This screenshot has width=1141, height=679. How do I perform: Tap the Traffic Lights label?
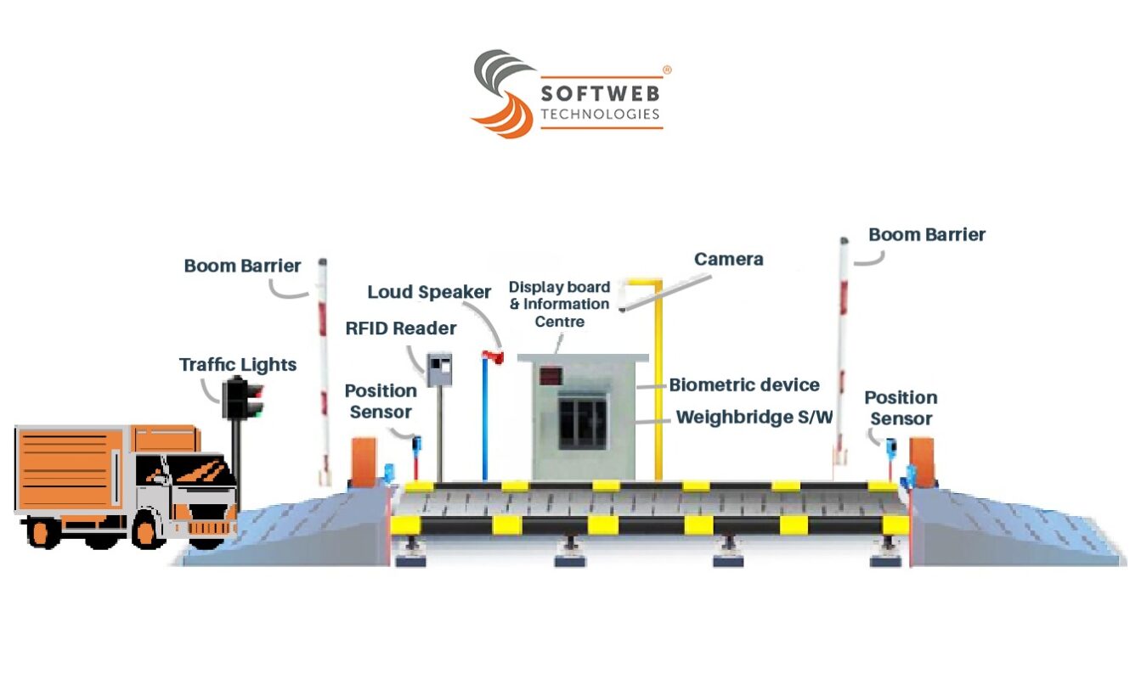point(238,365)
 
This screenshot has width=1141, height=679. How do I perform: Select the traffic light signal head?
point(242,399)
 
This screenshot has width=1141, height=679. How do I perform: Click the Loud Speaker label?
point(429,293)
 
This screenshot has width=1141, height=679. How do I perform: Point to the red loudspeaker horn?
point(493,357)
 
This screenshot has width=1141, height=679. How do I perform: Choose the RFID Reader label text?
point(401,328)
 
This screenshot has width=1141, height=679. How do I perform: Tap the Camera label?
point(729,260)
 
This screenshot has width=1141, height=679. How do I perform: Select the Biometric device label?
point(744,385)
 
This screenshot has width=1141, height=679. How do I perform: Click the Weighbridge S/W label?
point(754,418)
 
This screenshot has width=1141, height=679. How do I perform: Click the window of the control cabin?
point(583,424)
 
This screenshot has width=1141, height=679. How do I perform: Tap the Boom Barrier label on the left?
point(242,267)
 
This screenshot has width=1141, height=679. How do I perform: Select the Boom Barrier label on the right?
point(927,235)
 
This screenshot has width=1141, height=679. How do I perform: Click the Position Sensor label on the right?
point(901,408)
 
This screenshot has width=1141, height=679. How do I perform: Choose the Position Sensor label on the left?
point(381,401)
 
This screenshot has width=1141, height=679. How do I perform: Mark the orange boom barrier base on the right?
point(921,463)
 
